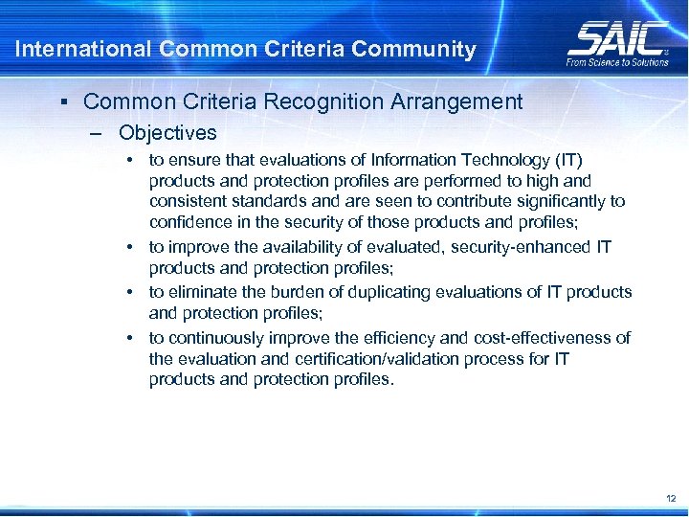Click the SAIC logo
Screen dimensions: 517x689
(x=616, y=38)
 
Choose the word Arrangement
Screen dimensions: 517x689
(x=463, y=101)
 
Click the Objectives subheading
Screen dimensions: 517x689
(x=167, y=133)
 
